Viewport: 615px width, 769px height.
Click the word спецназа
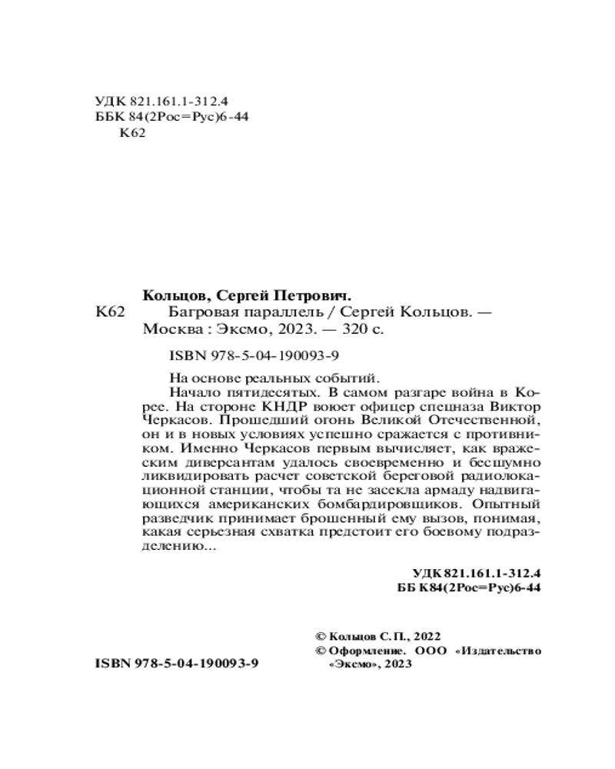(x=454, y=405)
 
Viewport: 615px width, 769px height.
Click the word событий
(x=351, y=377)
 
